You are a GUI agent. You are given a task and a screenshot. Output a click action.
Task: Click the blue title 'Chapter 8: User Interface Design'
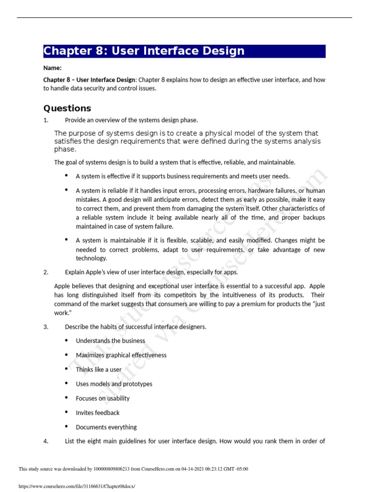(144, 51)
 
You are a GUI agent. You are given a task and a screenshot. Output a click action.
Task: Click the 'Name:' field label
(52, 68)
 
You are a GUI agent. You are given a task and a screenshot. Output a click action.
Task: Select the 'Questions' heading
(67, 108)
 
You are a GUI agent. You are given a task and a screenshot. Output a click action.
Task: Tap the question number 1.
(46, 120)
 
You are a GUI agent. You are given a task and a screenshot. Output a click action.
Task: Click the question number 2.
(46, 272)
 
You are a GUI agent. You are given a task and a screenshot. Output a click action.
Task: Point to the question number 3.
(46, 327)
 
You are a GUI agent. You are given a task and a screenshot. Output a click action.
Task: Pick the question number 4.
(46, 442)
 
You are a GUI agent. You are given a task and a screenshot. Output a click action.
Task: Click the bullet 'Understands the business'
(110, 341)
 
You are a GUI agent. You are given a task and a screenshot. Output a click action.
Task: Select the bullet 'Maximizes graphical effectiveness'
(121, 355)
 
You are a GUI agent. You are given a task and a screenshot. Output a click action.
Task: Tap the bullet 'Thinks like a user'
(98, 369)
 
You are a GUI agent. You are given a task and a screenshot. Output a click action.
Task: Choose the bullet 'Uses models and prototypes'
(114, 384)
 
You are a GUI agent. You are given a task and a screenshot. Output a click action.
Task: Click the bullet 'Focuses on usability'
(102, 398)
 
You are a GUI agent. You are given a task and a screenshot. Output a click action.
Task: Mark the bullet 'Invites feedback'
(98, 413)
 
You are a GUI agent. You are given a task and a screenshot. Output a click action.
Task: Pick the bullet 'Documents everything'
(106, 427)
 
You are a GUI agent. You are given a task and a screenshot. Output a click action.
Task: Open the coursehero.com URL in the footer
(77, 486)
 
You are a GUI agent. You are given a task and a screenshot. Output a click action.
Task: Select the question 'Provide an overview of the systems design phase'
(131, 120)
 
